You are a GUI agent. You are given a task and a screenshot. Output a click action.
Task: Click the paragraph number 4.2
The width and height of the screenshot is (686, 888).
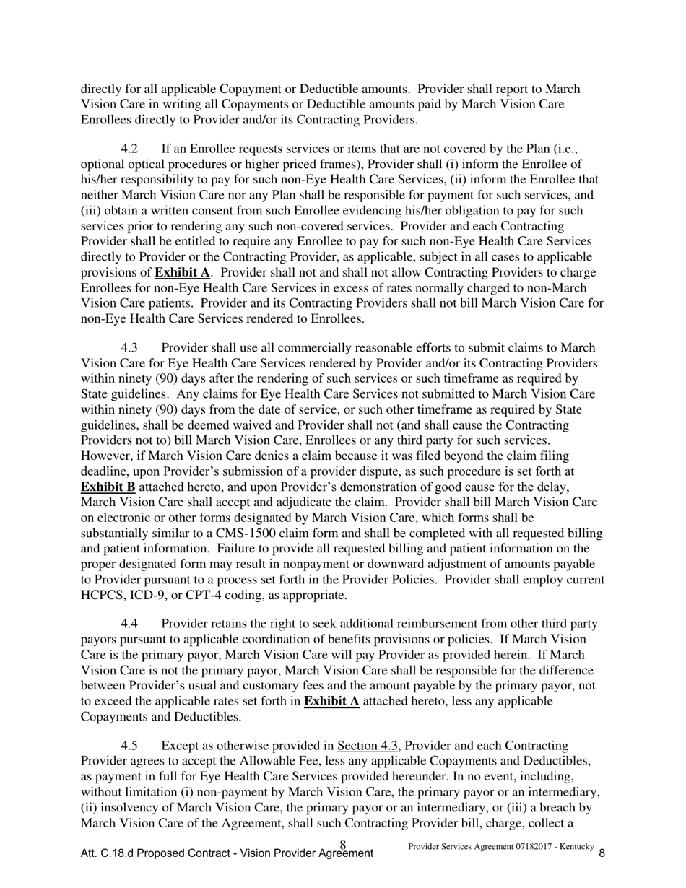[x=129, y=149]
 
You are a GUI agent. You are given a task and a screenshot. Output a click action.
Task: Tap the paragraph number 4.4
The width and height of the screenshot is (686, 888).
[x=129, y=624]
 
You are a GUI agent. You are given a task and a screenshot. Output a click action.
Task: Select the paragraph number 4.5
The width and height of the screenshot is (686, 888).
[x=129, y=746]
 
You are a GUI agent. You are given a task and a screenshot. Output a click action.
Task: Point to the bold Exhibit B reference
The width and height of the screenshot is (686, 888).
[x=108, y=487]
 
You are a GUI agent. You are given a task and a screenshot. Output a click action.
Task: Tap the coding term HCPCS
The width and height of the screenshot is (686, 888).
[x=105, y=596]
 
